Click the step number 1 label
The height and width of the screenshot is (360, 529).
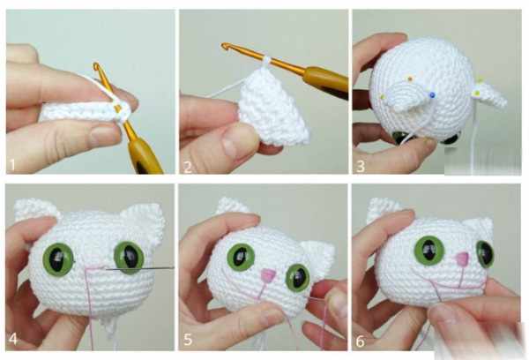point(13,165)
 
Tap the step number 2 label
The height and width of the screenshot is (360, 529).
point(187,167)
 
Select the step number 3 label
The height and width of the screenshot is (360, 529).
point(361,167)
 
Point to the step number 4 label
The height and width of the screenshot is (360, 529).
point(13,339)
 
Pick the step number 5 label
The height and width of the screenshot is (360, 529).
point(188,340)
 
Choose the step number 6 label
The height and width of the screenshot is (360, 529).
point(361,341)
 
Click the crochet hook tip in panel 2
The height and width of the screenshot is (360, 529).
point(225,45)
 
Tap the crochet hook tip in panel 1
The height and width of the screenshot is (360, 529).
point(97,65)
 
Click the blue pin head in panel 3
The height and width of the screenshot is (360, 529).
point(432,94)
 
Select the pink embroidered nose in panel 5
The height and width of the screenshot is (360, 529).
point(268,275)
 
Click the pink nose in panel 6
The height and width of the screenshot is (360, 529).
point(462,259)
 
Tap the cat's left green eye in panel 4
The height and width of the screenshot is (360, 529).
point(58,259)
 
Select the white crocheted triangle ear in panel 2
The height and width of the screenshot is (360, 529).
point(273,107)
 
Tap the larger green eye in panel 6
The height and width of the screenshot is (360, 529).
point(429,251)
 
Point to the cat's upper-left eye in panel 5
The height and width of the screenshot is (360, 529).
point(241,258)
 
